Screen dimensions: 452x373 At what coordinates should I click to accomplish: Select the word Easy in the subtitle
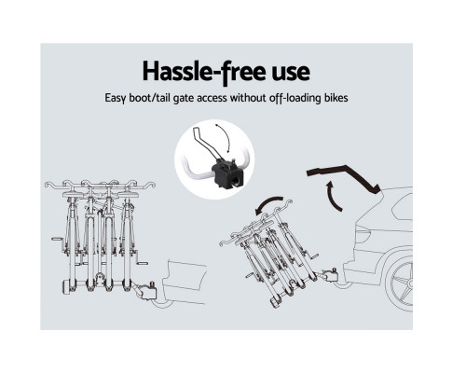115,98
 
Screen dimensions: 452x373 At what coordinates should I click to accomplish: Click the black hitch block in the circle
227,173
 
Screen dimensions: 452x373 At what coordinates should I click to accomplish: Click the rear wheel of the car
400,283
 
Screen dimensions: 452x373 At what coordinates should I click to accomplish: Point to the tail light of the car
361,234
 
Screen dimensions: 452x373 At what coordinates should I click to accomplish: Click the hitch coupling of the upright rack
145,291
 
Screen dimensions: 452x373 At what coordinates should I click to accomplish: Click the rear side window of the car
403,207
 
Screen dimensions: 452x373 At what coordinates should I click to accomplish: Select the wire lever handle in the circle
202,144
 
